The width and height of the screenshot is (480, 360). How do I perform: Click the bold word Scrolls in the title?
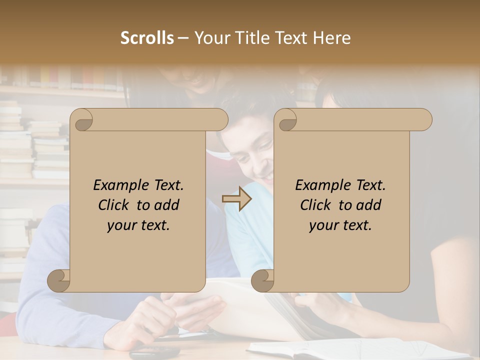tap(147, 38)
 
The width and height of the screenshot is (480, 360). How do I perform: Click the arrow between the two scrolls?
tap(237, 199)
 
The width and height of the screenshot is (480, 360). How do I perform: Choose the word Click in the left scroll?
tap(115, 205)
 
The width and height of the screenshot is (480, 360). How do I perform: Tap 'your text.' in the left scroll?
tap(138, 225)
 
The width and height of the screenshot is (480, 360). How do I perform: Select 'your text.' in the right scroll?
tap(340, 225)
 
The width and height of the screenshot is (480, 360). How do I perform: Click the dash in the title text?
tap(183, 38)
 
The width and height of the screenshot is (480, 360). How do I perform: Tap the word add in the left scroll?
tap(167, 205)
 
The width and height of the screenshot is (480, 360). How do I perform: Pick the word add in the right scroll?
tap(369, 205)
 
